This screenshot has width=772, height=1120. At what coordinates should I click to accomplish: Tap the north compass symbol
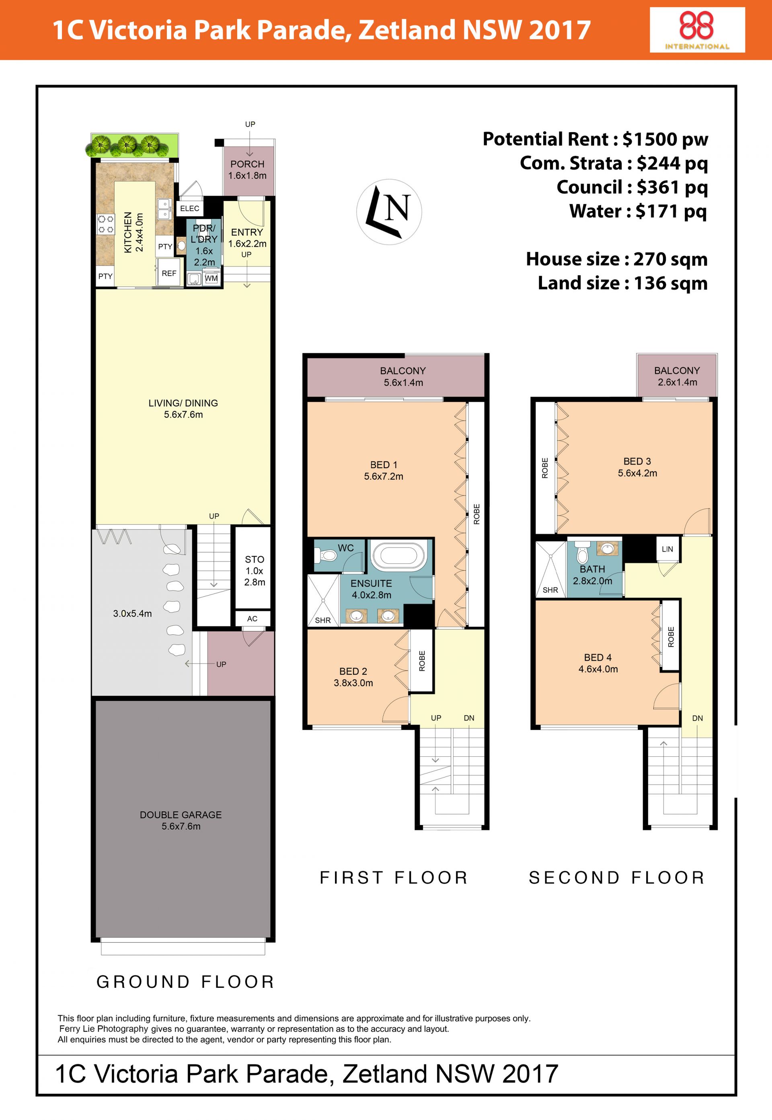point(389,212)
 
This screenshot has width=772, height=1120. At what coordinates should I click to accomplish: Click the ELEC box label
point(190,208)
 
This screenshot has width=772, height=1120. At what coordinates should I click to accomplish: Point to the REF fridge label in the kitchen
point(169,274)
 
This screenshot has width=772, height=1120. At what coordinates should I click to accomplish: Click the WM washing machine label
point(211,278)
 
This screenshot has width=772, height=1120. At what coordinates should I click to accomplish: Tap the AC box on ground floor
point(252,619)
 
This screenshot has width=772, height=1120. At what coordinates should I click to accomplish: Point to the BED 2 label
point(353,672)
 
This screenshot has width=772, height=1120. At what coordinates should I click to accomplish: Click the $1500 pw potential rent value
point(665,139)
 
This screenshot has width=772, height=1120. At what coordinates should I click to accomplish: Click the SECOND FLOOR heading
point(617,877)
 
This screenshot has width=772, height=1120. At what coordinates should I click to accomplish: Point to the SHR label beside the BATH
point(550,590)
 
